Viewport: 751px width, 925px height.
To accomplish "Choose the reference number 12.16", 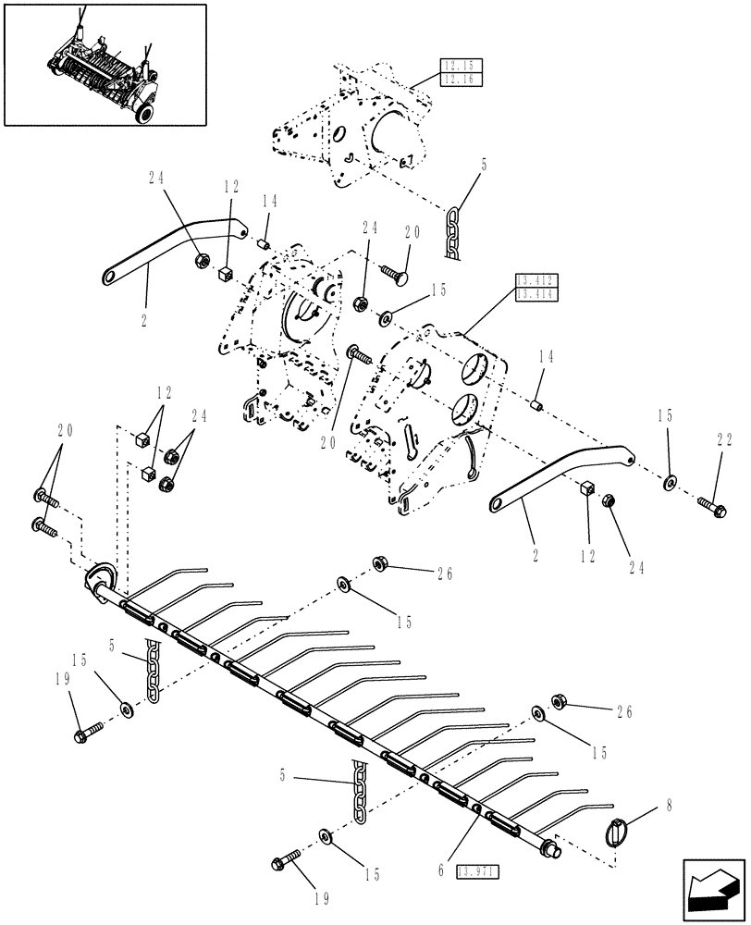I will click(457, 80).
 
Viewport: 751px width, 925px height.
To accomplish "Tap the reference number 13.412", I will click(533, 279).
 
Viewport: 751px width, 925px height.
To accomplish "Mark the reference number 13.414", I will click(533, 294).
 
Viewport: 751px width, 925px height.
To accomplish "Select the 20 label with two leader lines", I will click(66, 432).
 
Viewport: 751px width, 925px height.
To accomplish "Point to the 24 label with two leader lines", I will click(200, 415).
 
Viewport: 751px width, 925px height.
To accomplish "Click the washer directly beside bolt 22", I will click(670, 482).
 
